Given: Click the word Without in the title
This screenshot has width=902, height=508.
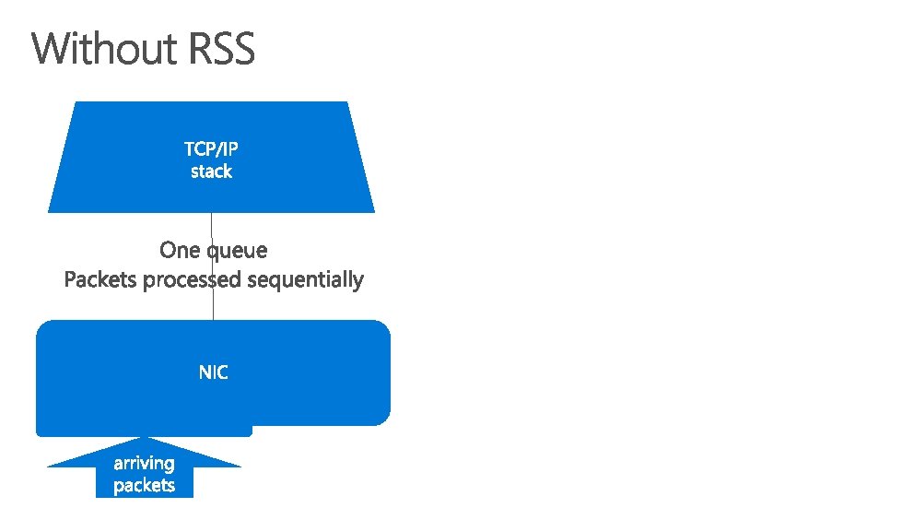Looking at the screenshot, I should (106, 49).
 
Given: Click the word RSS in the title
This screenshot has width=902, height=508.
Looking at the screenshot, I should (221, 49).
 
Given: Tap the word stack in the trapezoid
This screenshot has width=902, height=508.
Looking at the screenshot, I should (211, 171).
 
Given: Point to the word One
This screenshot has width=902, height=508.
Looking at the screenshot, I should (180, 250).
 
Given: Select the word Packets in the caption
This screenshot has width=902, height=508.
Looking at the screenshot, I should (100, 279).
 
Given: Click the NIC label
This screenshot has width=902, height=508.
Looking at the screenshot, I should (213, 372).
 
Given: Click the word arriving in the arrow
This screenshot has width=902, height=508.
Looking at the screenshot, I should (144, 464).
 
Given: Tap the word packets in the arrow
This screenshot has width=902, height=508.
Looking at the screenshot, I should (144, 485).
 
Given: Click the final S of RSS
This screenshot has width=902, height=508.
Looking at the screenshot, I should (242, 49).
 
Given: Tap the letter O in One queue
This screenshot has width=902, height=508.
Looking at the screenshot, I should (168, 250).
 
